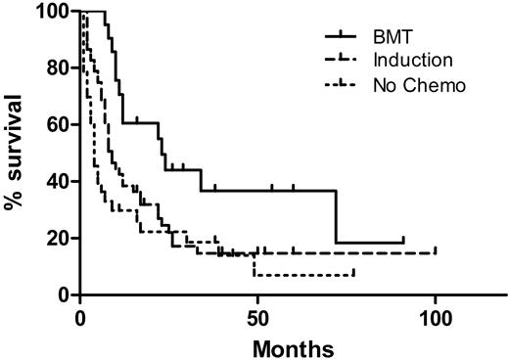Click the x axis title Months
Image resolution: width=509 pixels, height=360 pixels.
click(x=293, y=346)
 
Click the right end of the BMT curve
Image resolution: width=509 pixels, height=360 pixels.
click(x=402, y=242)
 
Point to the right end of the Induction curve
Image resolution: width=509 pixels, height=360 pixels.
click(x=435, y=252)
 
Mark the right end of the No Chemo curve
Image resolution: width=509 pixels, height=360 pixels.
click(x=352, y=274)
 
